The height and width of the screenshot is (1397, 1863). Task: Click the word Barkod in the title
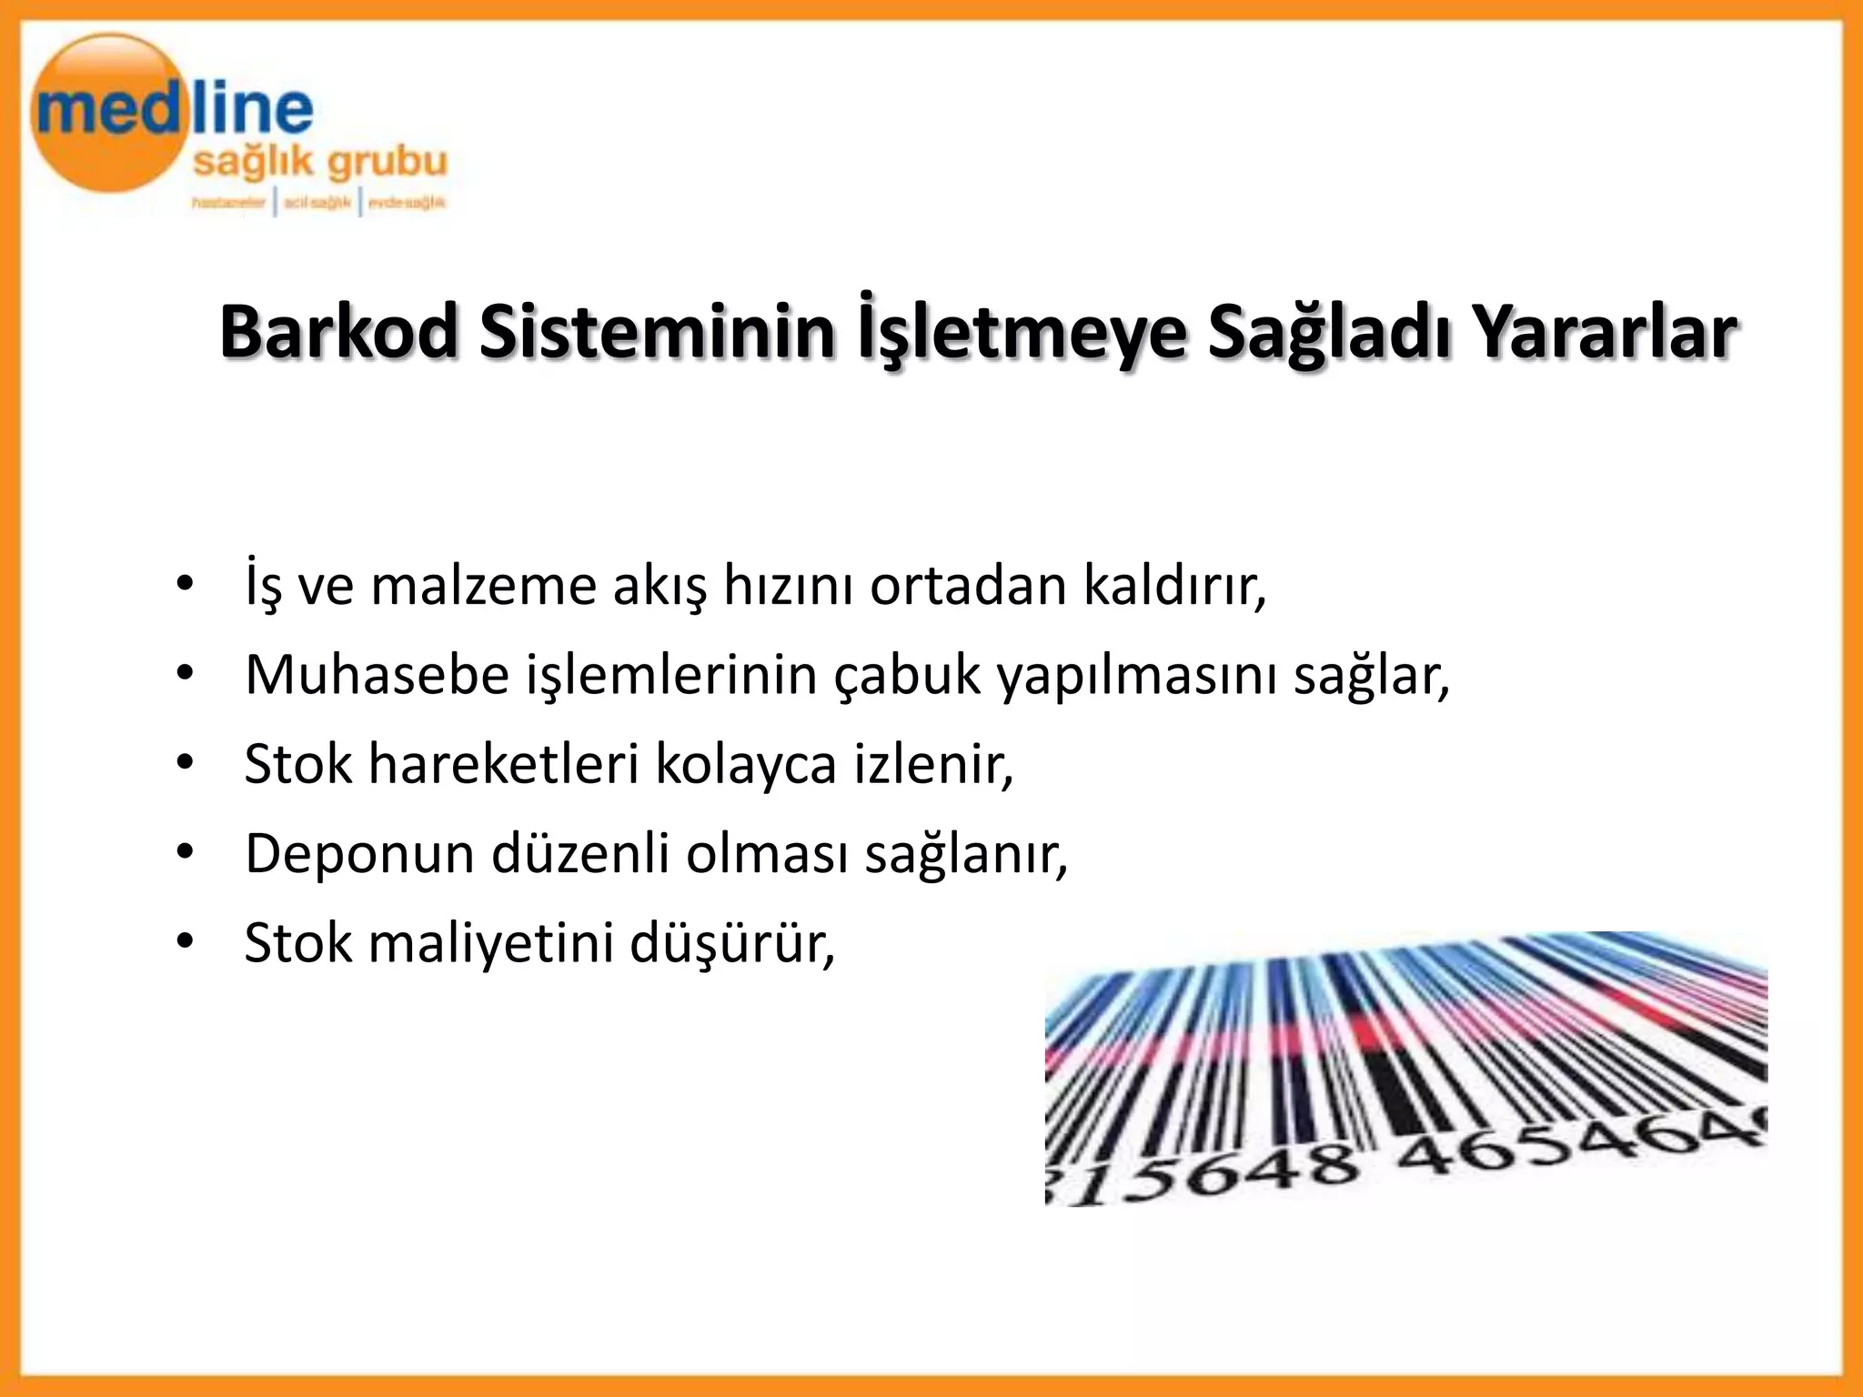pos(338,332)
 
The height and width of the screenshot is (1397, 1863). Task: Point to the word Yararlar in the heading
pos(1606,332)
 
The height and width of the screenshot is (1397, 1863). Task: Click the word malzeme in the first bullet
pos(483,586)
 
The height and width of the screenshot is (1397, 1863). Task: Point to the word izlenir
pos(932,764)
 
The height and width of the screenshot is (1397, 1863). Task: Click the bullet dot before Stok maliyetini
pos(186,943)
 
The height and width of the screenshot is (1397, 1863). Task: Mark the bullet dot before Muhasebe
pos(186,674)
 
